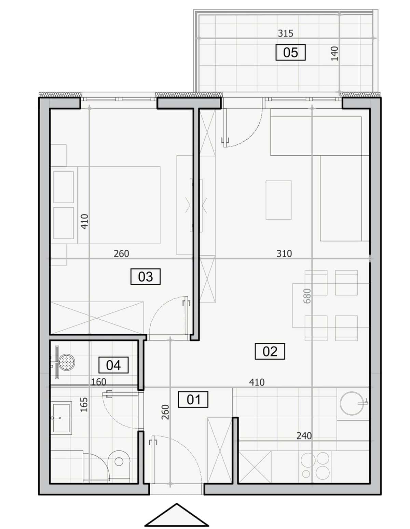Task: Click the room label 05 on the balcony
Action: tap(290, 52)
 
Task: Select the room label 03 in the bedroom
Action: tap(145, 277)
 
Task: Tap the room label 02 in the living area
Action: tap(270, 351)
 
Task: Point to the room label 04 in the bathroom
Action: tap(113, 365)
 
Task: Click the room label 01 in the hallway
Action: tap(193, 400)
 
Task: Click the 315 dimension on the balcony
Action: tap(286, 33)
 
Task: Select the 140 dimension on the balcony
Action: tap(335, 54)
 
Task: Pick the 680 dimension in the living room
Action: tap(307, 296)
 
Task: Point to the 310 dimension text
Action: tap(284, 254)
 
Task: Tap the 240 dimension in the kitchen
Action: tap(304, 435)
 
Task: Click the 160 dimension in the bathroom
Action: tap(99, 382)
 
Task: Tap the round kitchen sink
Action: tap(351, 403)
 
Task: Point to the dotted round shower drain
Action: tap(67, 362)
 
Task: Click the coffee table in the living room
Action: tap(278, 200)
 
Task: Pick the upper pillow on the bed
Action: tap(63, 187)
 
